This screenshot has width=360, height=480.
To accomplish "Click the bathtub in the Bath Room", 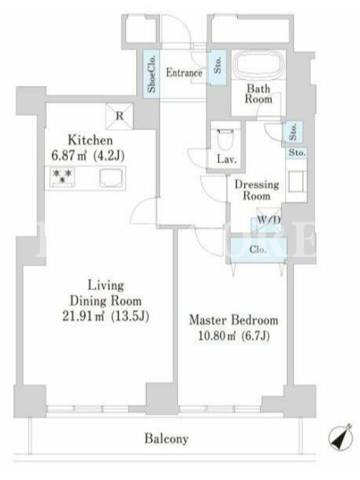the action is [259, 67].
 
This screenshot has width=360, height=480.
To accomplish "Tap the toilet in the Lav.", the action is [226, 140].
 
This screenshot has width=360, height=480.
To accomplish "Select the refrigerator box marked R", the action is [119, 116].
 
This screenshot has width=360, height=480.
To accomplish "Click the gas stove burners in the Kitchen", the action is [62, 176].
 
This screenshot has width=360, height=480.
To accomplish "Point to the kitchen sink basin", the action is [111, 178].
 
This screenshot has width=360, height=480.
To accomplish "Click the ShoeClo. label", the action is [151, 74].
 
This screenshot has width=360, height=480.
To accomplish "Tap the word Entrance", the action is [184, 73].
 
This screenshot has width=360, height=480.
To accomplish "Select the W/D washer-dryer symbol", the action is [269, 220].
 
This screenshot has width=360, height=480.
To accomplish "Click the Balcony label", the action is [166, 439].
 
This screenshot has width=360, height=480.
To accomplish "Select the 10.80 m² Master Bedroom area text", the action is [217, 336].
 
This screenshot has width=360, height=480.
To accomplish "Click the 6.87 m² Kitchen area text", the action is [68, 156].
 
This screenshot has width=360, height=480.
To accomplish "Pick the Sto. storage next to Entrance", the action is [218, 67].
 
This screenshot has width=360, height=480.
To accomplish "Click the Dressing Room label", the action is [257, 190].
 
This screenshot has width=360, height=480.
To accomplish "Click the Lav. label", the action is [227, 160].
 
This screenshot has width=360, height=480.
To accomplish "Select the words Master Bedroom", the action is [233, 320].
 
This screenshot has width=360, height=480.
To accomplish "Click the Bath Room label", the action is [259, 94].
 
